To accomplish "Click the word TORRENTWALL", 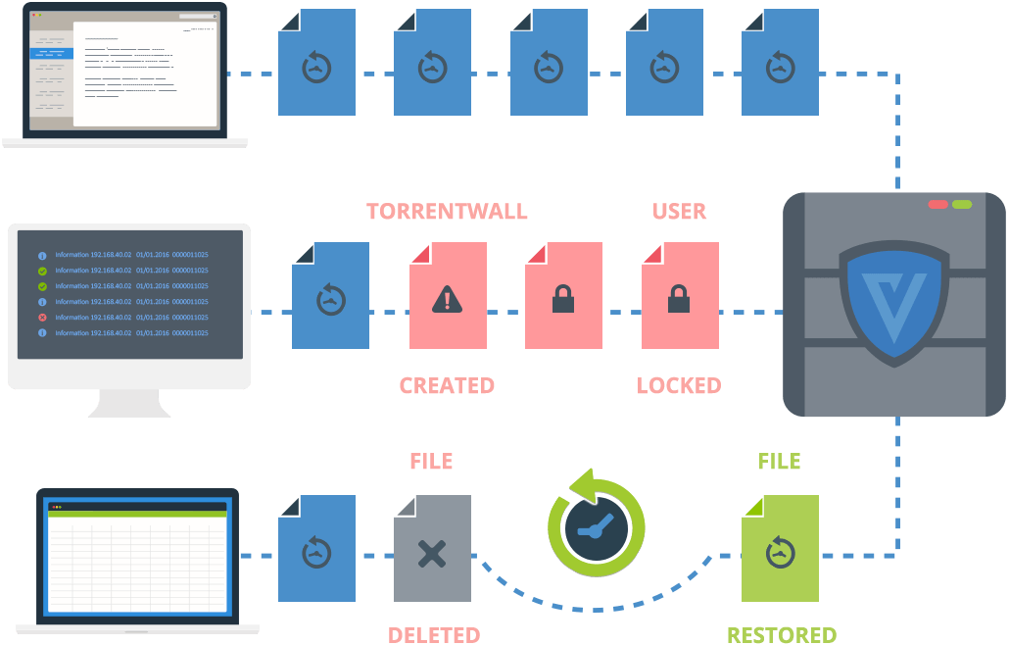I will [447, 212].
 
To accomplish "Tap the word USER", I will [679, 212].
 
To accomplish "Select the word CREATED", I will [447, 385].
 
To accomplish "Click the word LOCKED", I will [679, 385].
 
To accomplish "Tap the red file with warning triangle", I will [448, 296].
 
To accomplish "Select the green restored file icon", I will [780, 549].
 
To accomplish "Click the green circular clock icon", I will [596, 525].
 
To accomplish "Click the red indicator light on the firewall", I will [937, 204].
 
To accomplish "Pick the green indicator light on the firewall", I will [962, 204].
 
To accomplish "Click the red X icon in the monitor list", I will [42, 318].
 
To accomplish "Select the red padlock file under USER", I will [680, 296].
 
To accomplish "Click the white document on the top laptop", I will [144, 74].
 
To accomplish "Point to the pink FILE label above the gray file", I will [431, 461].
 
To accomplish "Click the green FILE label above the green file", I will [780, 461].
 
